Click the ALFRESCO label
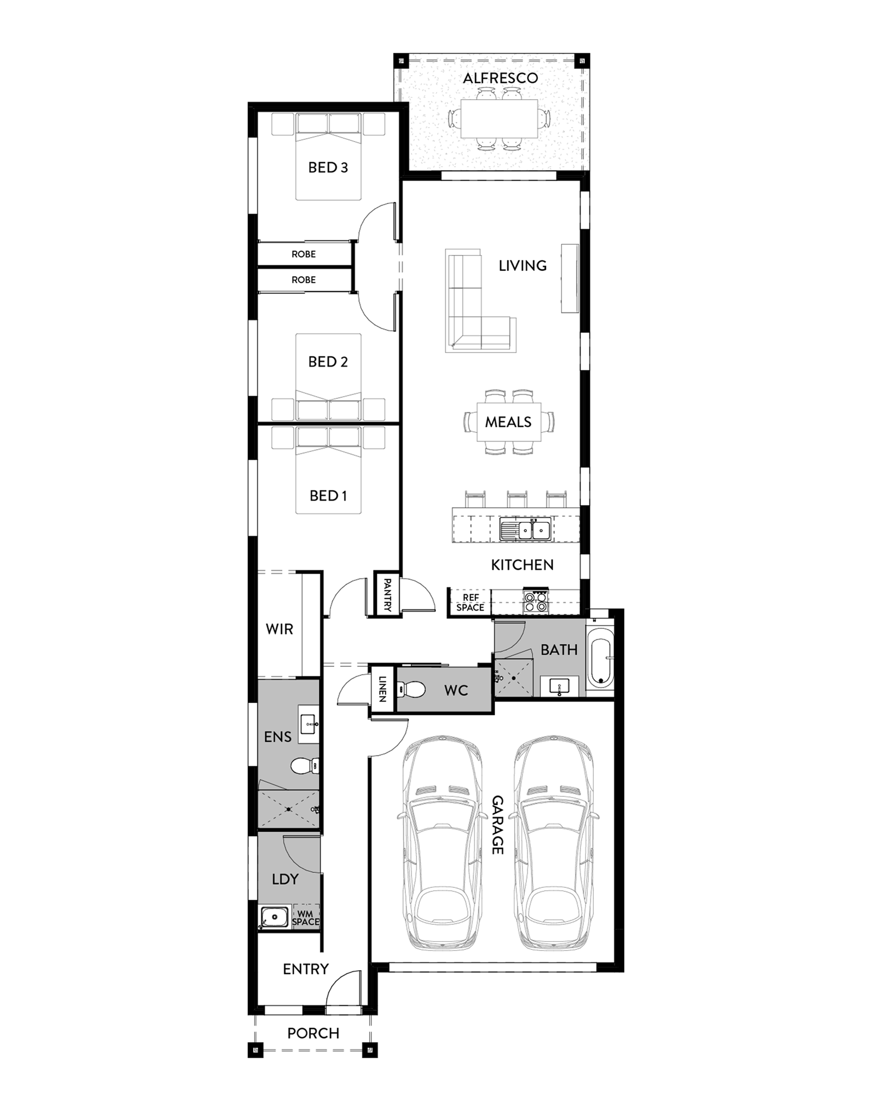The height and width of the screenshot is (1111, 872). [x=500, y=78]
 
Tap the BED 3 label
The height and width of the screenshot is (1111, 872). [x=328, y=168]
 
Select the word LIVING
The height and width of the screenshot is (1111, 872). [x=522, y=266]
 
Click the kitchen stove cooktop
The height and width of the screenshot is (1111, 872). [x=536, y=602]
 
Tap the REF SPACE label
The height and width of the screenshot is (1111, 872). [x=470, y=602]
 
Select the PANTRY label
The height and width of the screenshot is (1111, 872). [x=387, y=595]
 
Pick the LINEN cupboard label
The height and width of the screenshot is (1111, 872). [x=382, y=688]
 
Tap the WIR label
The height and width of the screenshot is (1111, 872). [x=279, y=629]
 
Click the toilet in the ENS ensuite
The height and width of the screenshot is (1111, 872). [x=304, y=765]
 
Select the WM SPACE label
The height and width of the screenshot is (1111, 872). [x=305, y=918]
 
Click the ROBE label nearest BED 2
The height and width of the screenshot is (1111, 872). [x=303, y=280]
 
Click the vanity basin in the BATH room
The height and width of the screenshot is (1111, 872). [x=560, y=686]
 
